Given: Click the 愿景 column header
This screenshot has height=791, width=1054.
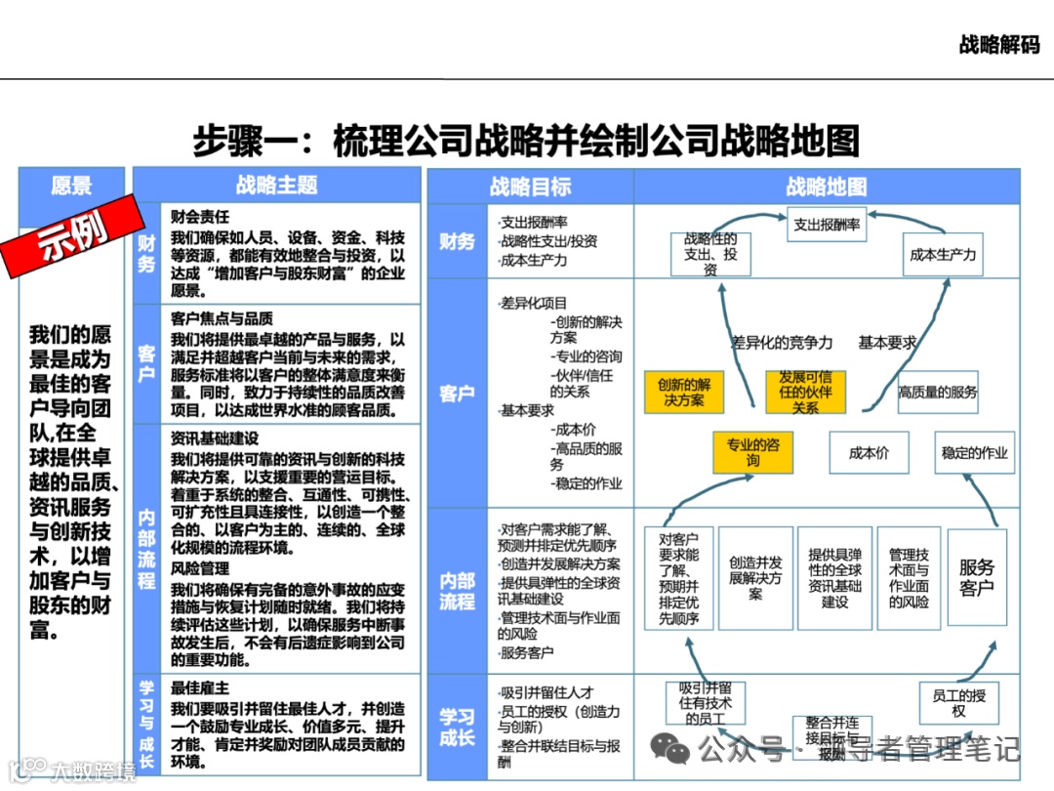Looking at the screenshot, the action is click(71, 186).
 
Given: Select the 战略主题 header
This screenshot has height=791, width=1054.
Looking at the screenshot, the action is click(276, 186).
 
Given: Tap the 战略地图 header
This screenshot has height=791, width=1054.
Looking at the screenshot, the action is click(826, 187).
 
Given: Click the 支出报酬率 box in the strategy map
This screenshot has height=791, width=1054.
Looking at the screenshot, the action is click(827, 225).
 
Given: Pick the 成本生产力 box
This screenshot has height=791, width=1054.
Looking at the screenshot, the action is click(942, 255).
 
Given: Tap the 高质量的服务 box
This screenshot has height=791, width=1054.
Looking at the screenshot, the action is click(938, 392).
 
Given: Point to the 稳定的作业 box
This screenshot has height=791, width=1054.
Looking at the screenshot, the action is click(974, 453).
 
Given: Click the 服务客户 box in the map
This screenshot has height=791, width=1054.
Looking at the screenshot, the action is click(976, 577).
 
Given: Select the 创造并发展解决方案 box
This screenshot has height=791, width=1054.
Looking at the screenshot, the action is click(755, 577).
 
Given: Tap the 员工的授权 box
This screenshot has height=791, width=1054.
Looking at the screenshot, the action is click(958, 702).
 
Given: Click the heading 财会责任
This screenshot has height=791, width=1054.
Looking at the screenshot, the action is click(200, 217).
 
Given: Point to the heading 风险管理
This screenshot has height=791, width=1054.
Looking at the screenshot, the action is click(200, 567).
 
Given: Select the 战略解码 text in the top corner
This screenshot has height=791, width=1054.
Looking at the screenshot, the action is click(999, 44).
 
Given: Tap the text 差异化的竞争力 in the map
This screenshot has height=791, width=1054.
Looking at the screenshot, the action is click(782, 343).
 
